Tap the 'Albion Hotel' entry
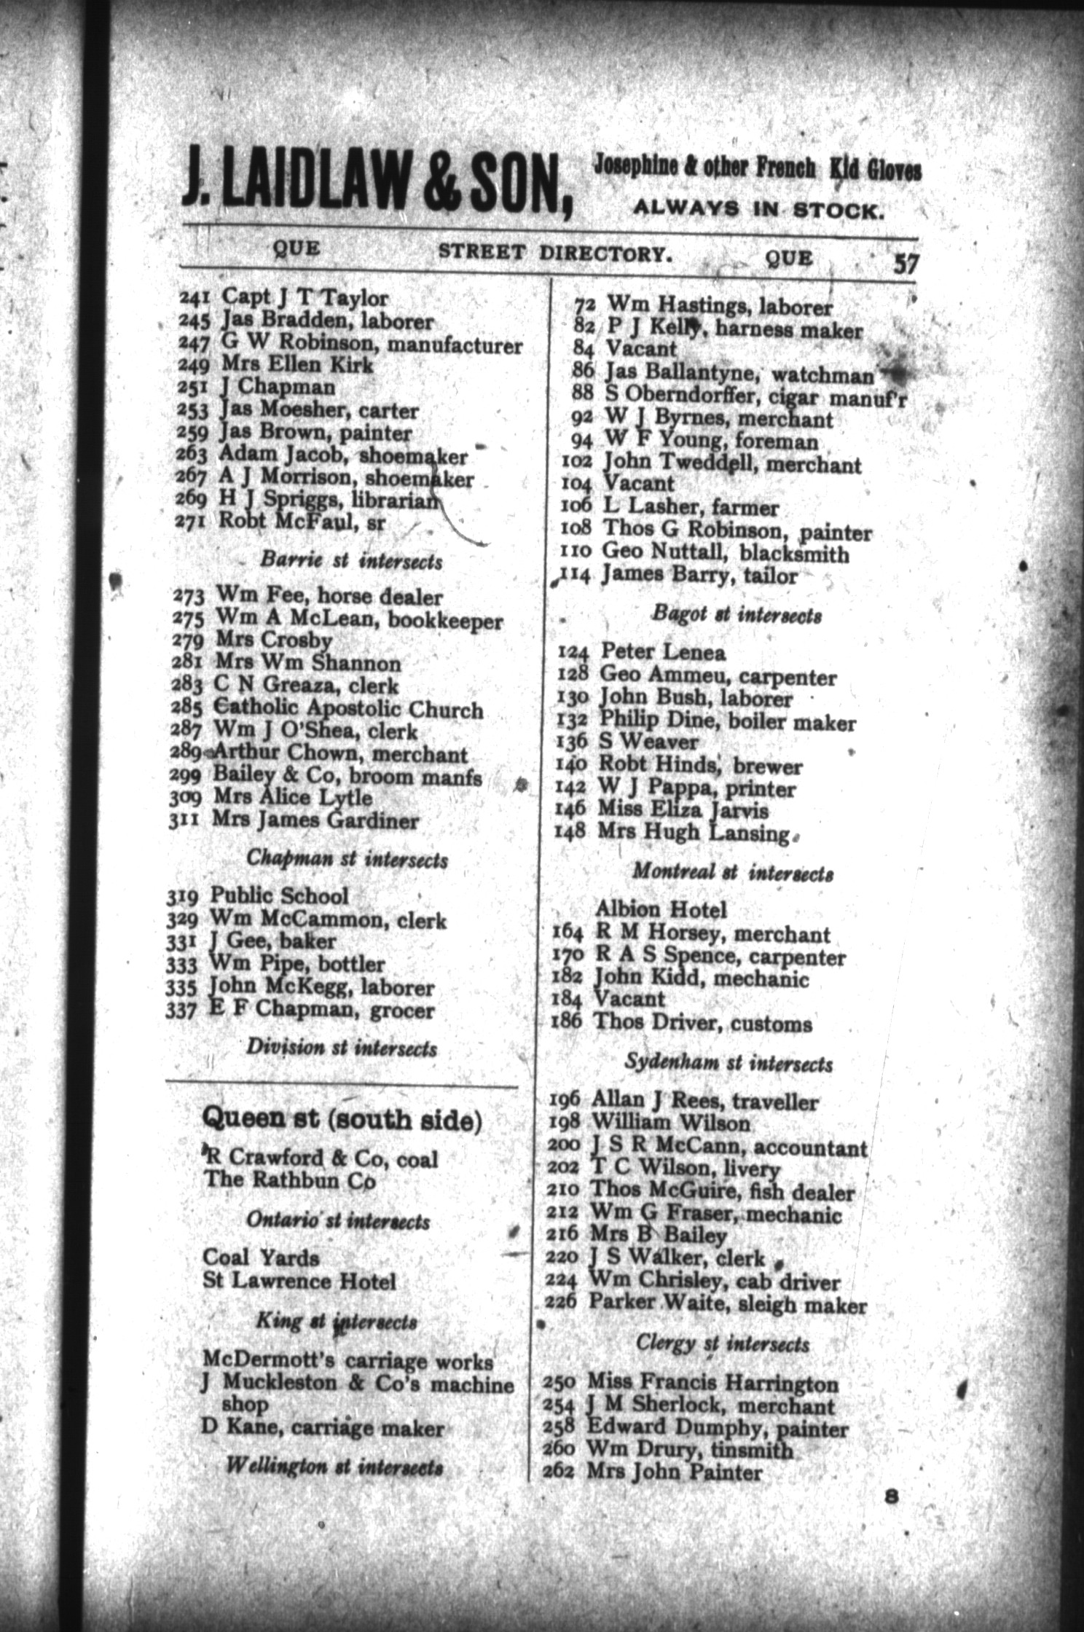pos(661,910)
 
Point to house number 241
pos(194,298)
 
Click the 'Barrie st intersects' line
pos(350,562)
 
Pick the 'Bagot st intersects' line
pos(736,615)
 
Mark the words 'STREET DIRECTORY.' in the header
pos(553,253)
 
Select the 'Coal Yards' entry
pos(261,1258)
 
